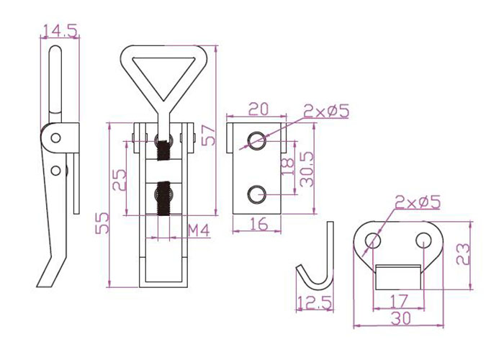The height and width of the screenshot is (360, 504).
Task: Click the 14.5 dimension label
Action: (60, 31)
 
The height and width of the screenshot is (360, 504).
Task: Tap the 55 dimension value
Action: (102, 222)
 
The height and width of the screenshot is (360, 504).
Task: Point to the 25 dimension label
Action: (120, 180)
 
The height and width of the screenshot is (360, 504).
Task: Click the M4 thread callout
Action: (199, 230)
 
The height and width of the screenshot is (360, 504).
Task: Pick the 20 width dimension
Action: (258, 109)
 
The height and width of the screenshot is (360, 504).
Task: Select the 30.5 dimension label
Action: (307, 169)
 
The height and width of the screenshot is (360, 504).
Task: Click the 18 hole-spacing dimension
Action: (288, 166)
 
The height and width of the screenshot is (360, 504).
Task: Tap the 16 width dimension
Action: (258, 224)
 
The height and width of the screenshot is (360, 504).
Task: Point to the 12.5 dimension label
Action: (315, 303)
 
